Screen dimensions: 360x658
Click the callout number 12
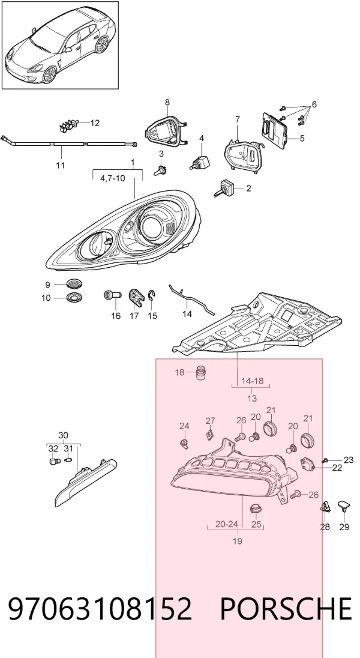[x=95, y=123]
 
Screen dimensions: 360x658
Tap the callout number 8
[x=167, y=102]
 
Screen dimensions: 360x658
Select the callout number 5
[x=302, y=138]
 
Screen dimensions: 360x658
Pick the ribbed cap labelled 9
[x=74, y=284]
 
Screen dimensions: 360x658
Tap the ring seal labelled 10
[x=74, y=298]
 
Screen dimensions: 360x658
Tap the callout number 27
[x=210, y=420]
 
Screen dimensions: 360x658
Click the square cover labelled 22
[x=308, y=464]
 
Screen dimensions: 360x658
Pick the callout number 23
[x=349, y=459]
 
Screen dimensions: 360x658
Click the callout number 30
[x=63, y=436]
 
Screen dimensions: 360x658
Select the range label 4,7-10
[x=112, y=178]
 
